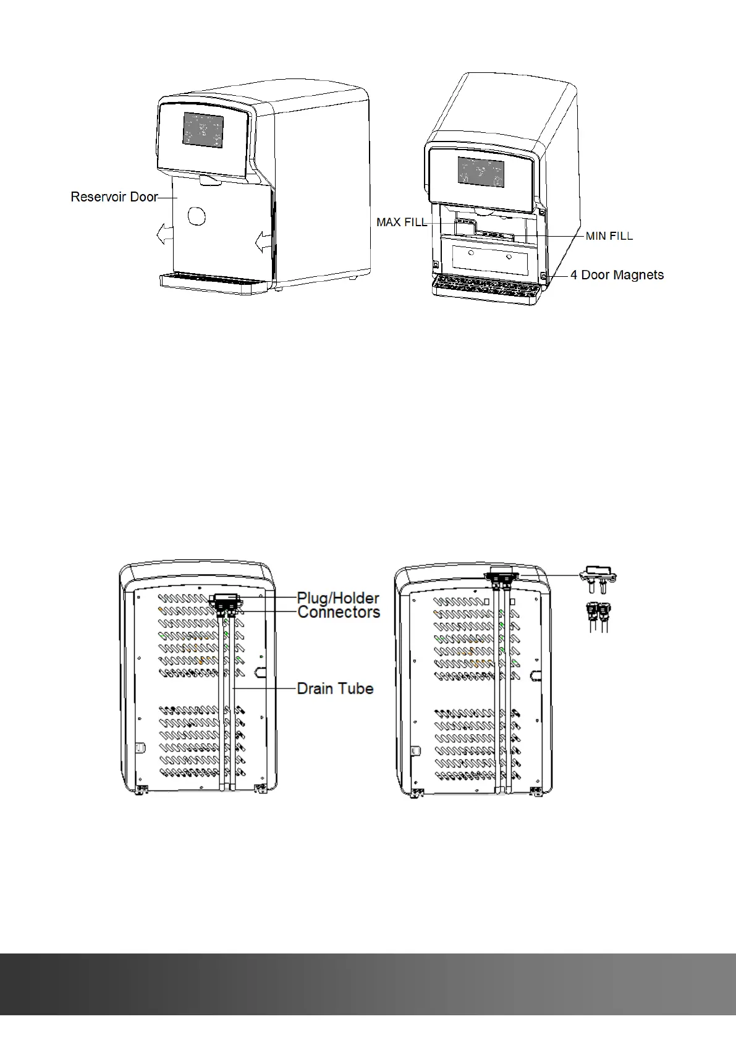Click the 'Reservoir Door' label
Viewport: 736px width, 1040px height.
point(114,197)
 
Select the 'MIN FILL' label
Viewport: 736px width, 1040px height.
point(609,236)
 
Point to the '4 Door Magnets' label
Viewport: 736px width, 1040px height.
point(617,275)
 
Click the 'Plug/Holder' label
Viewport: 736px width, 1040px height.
point(338,598)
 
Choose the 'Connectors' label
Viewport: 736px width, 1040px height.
point(339,612)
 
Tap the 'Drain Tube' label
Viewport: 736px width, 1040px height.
point(335,688)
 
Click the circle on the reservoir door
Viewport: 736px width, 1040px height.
point(196,216)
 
